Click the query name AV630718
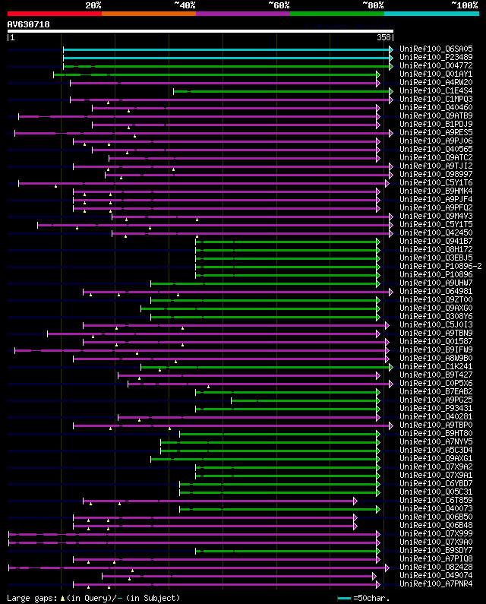(x=28, y=24)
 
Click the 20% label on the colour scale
(x=93, y=5)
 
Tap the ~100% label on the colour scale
(x=464, y=5)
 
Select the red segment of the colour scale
(x=54, y=14)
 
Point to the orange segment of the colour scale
(x=148, y=14)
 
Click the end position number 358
(x=384, y=36)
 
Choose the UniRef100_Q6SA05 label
(x=435, y=49)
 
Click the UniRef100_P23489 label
(x=435, y=57)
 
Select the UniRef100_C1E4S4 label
(x=435, y=90)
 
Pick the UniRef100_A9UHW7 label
(x=435, y=283)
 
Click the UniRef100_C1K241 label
(x=435, y=366)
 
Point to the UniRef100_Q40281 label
(x=435, y=416)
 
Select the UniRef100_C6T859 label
(x=435, y=500)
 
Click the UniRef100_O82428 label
(x=435, y=567)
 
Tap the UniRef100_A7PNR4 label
(x=435, y=583)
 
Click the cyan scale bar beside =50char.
(x=344, y=598)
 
